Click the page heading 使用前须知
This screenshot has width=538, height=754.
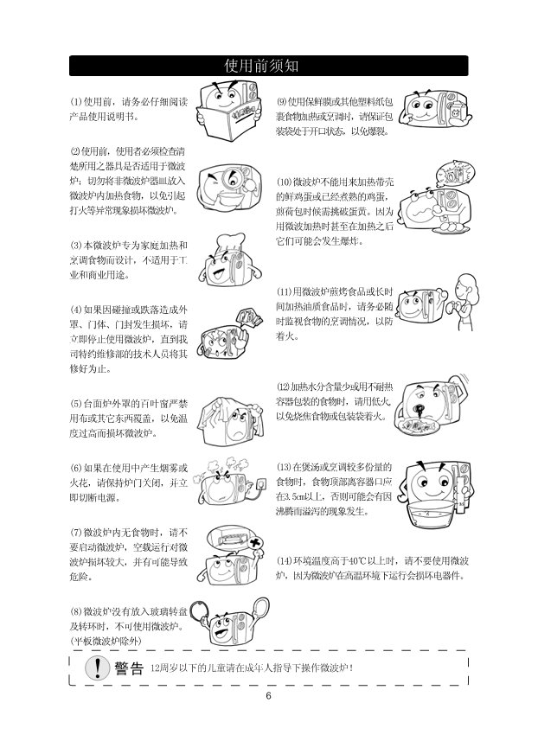click(x=261, y=66)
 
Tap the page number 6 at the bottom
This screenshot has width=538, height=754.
click(x=268, y=696)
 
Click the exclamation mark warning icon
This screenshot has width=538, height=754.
click(x=97, y=668)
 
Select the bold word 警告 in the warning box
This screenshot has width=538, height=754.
click(x=129, y=668)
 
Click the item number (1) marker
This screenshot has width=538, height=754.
click(x=76, y=102)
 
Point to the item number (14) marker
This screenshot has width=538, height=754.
click(x=284, y=561)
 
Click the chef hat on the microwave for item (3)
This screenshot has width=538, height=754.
click(x=230, y=243)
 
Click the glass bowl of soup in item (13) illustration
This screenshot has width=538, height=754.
click(x=431, y=513)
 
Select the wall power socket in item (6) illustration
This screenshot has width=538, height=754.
click(x=261, y=482)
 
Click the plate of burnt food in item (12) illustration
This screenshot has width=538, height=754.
click(x=417, y=425)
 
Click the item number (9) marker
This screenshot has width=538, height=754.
click(x=281, y=102)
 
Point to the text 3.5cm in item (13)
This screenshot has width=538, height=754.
click(x=290, y=496)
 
